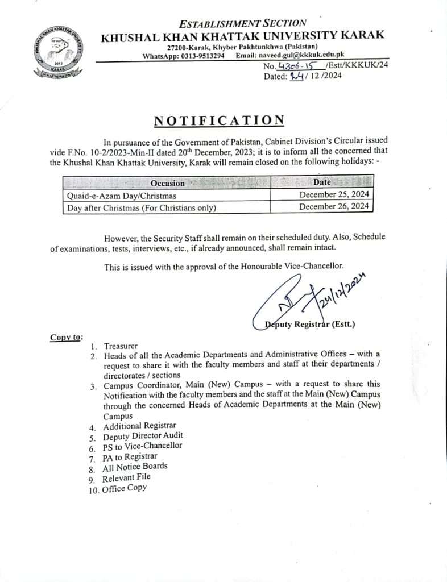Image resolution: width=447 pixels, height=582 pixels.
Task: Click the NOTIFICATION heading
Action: [220, 120]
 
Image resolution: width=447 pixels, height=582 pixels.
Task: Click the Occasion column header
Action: [167, 183]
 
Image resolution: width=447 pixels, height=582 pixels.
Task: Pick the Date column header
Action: [322, 182]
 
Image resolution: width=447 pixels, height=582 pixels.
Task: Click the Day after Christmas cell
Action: [142, 208]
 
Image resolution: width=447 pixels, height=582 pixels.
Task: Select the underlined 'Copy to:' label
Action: [66, 337]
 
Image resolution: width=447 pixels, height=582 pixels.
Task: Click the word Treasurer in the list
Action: [121, 346]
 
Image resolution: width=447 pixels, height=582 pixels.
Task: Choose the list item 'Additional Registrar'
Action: [139, 426]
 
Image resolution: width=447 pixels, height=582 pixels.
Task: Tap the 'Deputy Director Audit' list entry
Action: [143, 436]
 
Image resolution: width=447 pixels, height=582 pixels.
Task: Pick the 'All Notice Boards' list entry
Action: [135, 467]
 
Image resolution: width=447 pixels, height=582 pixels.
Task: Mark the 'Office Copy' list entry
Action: [124, 488]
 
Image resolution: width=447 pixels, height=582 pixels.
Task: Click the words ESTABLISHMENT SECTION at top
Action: [242, 24]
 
